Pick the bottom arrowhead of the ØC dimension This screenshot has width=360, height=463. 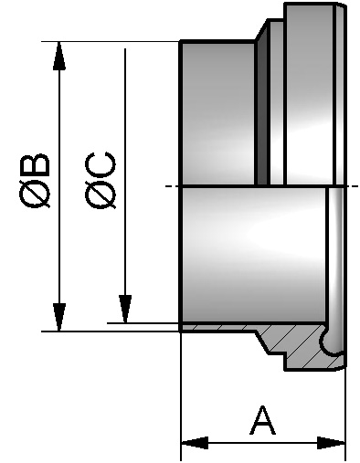pos(124,309)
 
